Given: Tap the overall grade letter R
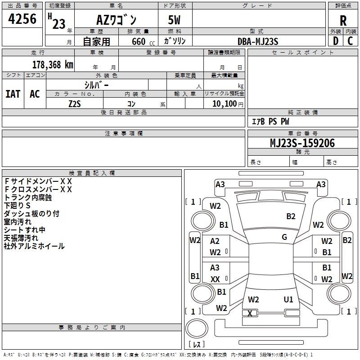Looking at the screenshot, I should (x=343, y=21).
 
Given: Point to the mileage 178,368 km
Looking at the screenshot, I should (x=52, y=64).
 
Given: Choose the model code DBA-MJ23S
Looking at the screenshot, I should (x=258, y=41).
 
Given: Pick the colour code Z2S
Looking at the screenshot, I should (x=74, y=103).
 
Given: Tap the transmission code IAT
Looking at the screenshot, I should (x=13, y=94).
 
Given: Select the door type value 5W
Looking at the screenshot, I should (x=175, y=20).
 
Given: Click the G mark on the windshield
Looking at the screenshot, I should (x=284, y=237).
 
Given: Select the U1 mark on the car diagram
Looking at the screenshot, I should (x=288, y=299).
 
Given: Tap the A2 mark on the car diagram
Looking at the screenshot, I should (x=215, y=242).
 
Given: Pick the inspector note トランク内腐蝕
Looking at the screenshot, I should (x=28, y=197).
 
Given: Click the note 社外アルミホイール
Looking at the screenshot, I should (x=34, y=246).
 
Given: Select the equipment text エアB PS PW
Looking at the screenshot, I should (x=270, y=121).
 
